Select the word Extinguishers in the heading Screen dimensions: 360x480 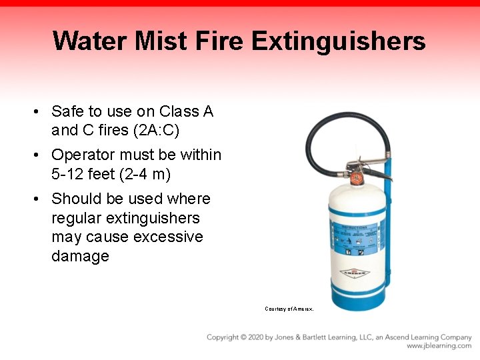coord(339,41)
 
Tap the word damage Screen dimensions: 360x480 coord(80,256)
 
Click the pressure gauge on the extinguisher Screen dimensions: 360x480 coord(356,179)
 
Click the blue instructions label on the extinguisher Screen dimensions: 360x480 coord(354,239)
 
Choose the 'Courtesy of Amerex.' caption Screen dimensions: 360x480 coord(289,309)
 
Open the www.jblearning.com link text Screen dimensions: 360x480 coord(439,346)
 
